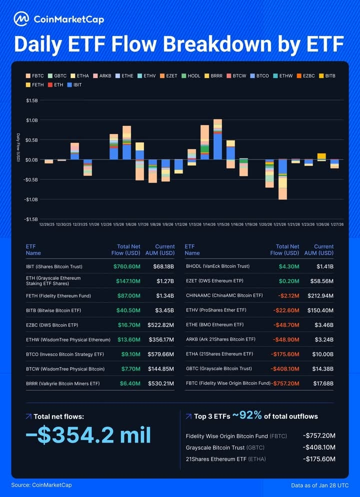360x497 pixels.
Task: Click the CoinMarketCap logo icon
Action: (x=21, y=19)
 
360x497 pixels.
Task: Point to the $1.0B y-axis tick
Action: (x=31, y=120)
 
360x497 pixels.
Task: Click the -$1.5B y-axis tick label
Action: (x=31, y=219)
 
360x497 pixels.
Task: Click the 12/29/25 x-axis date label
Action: (x=48, y=224)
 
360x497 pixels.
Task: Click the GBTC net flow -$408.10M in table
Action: (x=285, y=368)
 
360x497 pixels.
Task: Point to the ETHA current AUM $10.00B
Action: (x=323, y=354)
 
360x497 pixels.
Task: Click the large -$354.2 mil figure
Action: (x=88, y=435)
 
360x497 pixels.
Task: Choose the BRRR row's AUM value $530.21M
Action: (x=161, y=383)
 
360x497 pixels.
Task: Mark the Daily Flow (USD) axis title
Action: (x=18, y=147)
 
